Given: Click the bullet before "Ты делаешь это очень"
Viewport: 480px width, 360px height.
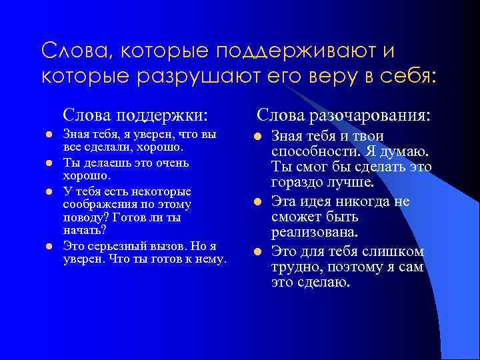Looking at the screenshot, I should (x=48, y=163).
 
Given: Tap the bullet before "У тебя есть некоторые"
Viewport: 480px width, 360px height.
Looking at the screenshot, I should (x=48, y=191).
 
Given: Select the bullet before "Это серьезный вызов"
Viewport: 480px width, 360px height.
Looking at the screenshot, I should (x=48, y=246).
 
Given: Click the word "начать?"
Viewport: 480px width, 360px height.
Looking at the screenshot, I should (x=79, y=231).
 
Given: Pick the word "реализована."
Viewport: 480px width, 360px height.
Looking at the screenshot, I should (x=315, y=233).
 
